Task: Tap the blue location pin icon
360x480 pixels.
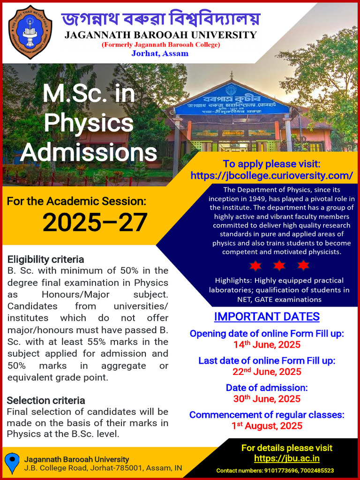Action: pos(12,463)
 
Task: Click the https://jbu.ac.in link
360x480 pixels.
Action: pos(287,458)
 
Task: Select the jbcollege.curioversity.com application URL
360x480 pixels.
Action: pos(272,175)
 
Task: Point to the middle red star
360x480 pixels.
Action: pos(279,265)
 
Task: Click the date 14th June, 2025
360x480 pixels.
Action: pos(267,345)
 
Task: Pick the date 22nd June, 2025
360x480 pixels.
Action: pos(267,372)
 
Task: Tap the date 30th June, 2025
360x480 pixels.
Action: pos(267,399)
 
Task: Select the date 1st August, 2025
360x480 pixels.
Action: pos(267,426)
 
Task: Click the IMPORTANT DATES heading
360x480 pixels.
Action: pos(267,317)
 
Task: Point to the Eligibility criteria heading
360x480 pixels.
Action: pos(45,260)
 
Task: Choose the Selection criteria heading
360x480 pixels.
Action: pos(46,400)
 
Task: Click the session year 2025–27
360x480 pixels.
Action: pos(95,223)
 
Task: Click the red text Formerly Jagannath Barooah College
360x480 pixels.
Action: pos(161,45)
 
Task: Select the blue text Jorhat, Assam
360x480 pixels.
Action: pos(160,53)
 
